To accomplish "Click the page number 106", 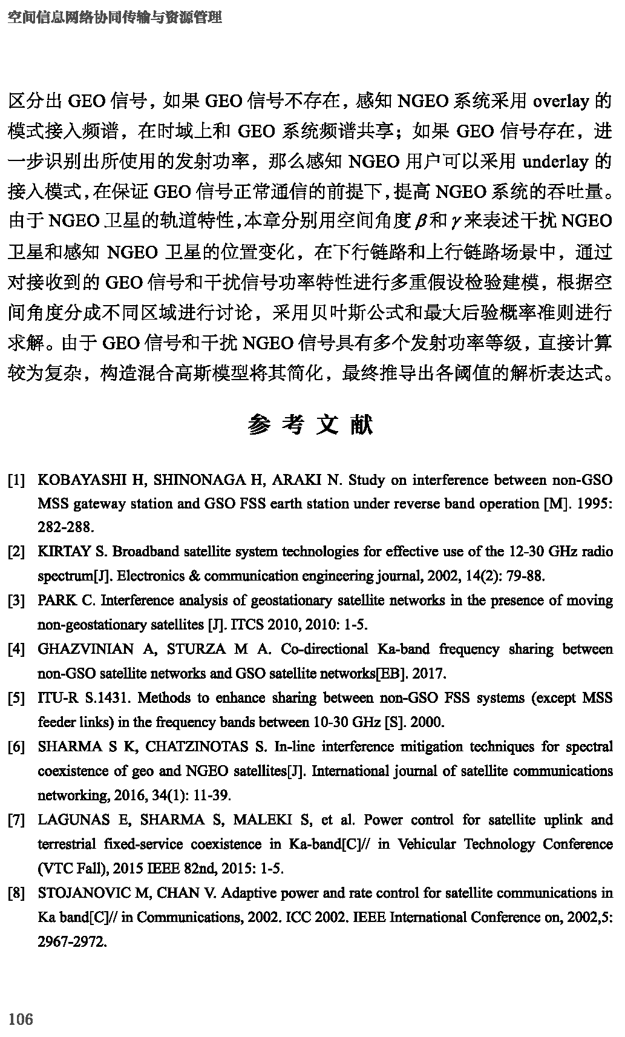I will pos(21,1019).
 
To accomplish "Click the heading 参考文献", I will pos(310,426).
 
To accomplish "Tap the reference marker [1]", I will pos(16,481).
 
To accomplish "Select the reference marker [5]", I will pos(16,699).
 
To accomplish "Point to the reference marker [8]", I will pos(16,894).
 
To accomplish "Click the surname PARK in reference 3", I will pos(57,601).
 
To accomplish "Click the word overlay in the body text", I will pos(561,101).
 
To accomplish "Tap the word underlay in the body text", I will pos(555,162).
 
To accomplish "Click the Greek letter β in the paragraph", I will pos(420,222).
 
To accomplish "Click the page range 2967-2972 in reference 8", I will pos(72,942).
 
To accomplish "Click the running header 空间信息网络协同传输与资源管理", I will pos(114,18).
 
